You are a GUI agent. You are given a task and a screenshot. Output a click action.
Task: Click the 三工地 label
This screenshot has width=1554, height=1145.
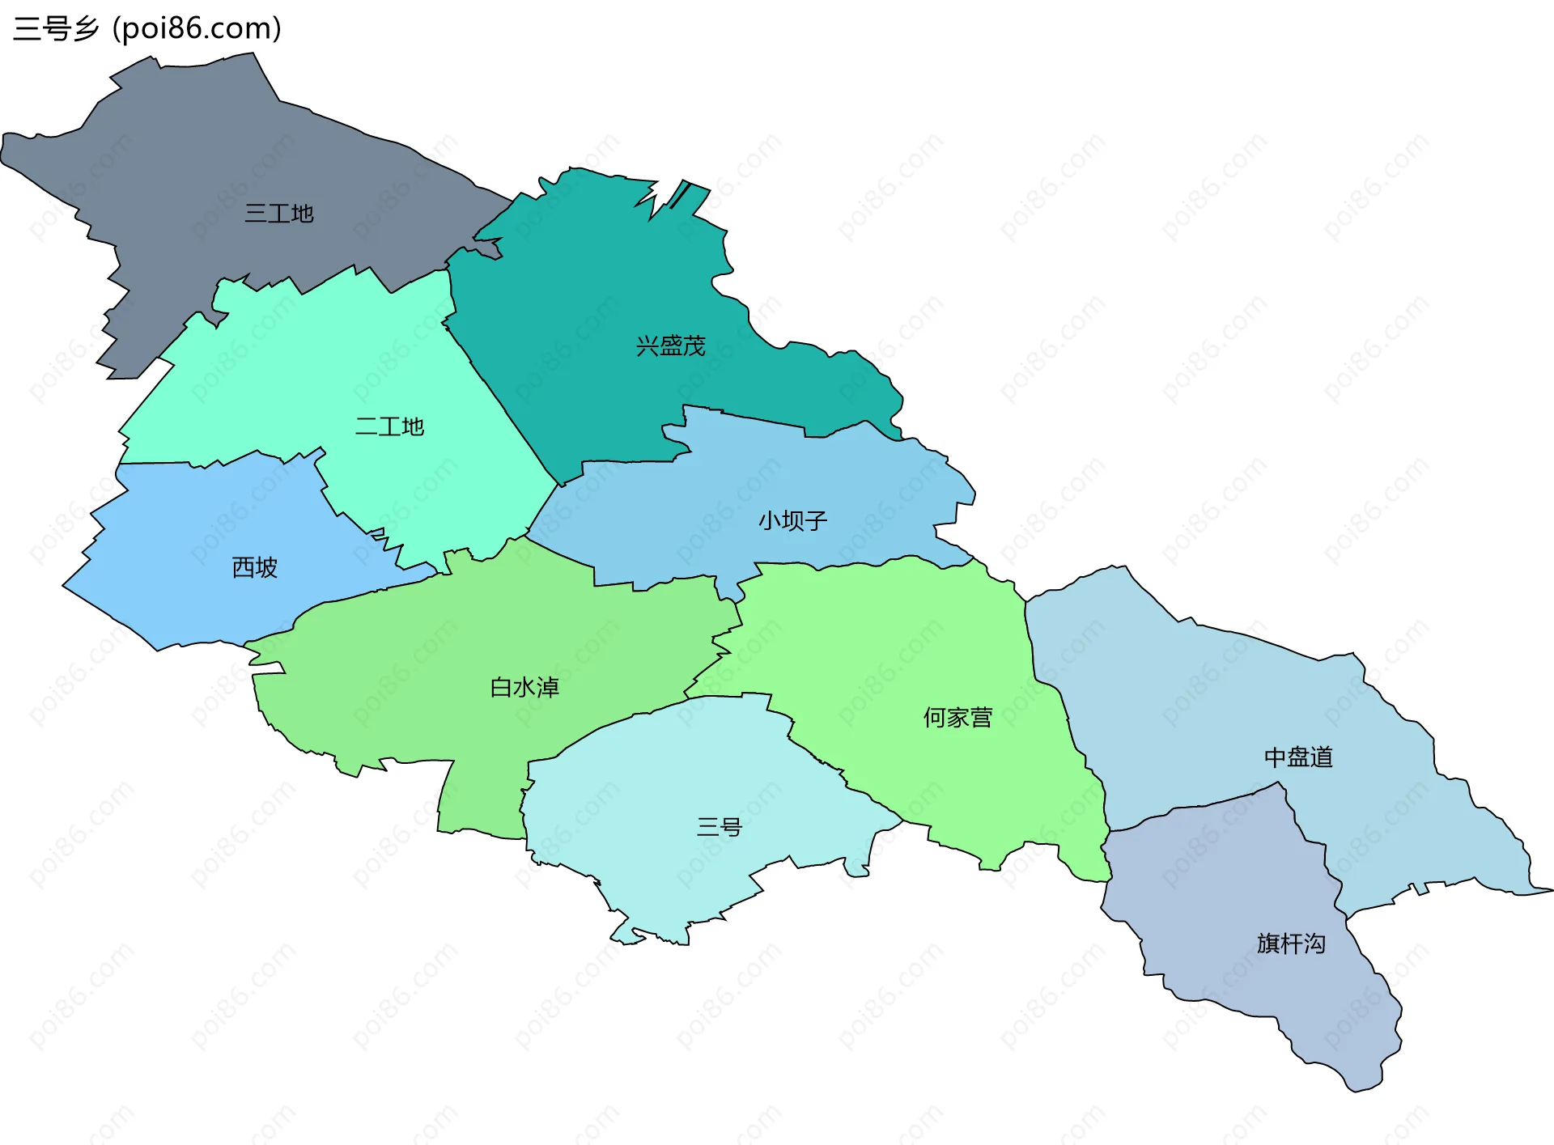279,214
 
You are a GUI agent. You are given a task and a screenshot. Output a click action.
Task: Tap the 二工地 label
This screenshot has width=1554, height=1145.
389,426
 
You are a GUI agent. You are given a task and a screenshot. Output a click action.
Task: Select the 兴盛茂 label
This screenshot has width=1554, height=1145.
670,346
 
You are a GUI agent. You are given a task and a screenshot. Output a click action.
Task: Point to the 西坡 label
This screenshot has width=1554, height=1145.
255,567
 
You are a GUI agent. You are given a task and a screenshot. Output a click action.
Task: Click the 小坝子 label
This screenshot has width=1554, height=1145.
792,520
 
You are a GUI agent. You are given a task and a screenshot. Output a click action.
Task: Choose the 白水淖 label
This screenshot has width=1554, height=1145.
524,688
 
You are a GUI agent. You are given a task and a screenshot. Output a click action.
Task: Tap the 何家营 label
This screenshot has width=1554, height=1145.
957,718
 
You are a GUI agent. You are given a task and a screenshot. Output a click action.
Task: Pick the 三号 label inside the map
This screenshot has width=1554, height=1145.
719,827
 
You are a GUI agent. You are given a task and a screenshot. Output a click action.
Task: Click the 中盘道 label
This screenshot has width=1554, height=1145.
1298,757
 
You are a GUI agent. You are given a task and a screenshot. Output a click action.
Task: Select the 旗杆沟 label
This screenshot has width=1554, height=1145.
1291,944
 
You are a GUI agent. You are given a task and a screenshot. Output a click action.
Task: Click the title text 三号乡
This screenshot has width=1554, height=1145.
56,28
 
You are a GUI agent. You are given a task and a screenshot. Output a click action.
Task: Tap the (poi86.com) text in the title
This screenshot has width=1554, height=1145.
197,28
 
